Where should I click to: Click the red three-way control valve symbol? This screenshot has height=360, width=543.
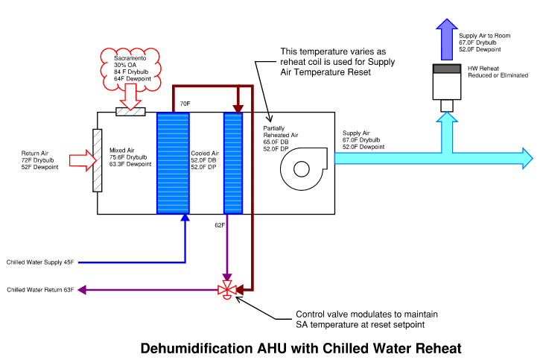click(227, 290)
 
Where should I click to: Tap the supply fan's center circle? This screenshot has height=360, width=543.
click(301, 169)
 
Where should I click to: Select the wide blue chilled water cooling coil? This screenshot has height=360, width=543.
click(173, 163)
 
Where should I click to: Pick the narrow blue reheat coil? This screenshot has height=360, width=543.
click(233, 163)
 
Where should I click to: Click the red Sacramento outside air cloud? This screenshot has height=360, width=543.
click(130, 69)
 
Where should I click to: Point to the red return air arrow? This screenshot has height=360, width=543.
click(83, 160)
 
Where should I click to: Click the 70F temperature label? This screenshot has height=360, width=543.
click(185, 104)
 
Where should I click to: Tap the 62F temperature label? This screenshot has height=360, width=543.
click(220, 225)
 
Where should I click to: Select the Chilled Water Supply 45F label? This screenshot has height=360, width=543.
click(40, 262)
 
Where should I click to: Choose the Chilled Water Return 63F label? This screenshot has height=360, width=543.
click(40, 290)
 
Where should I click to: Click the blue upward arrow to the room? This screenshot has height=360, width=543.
click(447, 40)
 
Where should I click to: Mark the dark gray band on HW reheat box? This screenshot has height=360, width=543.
click(447, 69)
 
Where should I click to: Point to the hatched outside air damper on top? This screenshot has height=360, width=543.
click(130, 112)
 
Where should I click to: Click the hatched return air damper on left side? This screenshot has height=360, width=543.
click(98, 160)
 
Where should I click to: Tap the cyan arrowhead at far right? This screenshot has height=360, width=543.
click(527, 158)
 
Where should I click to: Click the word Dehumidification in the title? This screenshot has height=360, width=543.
click(197, 348)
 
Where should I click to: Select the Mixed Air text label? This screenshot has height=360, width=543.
click(122, 151)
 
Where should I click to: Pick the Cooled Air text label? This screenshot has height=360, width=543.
click(205, 153)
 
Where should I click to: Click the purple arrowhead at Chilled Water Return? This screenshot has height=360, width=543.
click(82, 290)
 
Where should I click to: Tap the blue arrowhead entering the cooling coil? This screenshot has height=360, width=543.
click(185, 218)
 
